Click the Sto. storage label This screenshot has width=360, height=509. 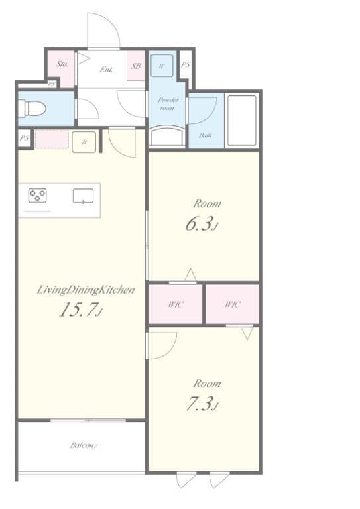62,64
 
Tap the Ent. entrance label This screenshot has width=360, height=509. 105,68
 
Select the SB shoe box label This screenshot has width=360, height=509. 136,66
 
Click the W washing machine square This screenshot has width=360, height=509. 163,65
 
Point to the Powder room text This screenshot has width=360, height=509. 166,103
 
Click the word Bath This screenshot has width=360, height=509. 206,135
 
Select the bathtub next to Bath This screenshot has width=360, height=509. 241,121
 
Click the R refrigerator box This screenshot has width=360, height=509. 84,142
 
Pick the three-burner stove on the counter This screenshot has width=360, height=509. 37,196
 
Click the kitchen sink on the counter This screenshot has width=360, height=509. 83,196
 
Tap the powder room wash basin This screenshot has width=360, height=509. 166,137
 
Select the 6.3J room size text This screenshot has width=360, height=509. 202,224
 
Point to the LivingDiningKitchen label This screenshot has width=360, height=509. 86,290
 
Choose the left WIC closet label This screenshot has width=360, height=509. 175,304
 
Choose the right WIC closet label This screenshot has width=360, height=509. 232,304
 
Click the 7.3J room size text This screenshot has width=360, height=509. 202,404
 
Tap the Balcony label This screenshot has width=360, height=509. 84,445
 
